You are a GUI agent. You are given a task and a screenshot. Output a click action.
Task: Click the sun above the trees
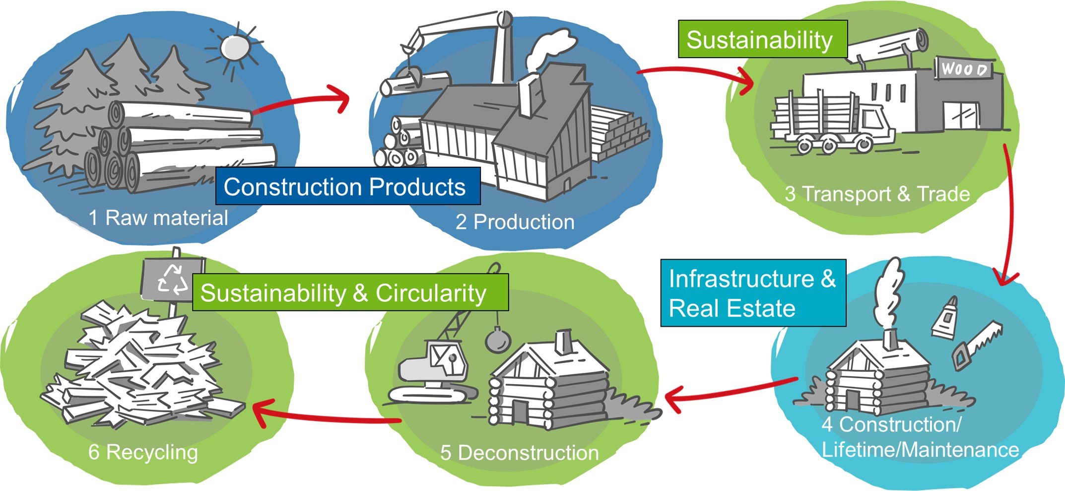point(234,48)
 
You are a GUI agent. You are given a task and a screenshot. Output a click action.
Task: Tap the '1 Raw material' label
point(158,218)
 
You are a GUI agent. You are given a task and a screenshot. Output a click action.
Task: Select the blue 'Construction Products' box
point(347,187)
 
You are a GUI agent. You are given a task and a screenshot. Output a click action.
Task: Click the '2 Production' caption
point(515,222)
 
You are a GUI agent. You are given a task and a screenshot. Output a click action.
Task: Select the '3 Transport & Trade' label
point(877,194)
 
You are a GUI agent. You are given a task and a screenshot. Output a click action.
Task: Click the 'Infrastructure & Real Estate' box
point(752,293)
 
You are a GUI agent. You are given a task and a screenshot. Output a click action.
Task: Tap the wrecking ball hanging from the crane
point(497,340)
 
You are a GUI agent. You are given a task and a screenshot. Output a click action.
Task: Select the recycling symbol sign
point(172,279)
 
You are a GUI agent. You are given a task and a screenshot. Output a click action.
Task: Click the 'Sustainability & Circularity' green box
point(350,293)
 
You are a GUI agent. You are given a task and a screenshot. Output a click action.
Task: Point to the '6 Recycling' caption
point(143,452)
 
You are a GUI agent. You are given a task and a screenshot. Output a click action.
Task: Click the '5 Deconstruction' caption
point(519,453)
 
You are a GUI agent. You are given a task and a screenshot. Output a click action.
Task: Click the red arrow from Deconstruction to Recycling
point(323,416)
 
